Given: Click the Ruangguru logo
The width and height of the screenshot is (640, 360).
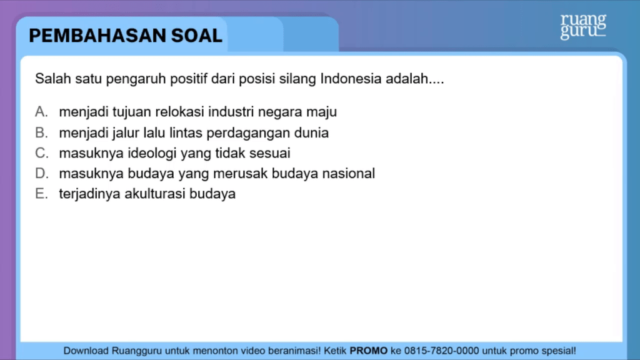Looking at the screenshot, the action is pos(583,27).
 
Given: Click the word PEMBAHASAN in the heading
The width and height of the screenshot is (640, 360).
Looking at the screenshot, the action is pos(97,36).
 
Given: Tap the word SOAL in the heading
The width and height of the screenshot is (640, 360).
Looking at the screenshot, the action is pos(197,36).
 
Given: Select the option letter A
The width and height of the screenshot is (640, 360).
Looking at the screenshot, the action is pos(41,111).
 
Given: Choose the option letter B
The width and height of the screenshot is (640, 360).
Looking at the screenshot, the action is pos(41,132).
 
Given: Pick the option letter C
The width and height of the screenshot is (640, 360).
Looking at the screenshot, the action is pos(42,153).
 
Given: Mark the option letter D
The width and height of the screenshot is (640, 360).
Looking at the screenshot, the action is pos(42,174).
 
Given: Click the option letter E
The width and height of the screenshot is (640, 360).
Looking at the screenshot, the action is pos(41,194).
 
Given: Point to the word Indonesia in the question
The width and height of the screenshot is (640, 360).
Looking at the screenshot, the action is pos(351,78).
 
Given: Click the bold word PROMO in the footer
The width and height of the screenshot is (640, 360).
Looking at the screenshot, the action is pos(369,351).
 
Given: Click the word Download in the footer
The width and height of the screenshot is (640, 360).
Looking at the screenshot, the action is pos(86,351).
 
